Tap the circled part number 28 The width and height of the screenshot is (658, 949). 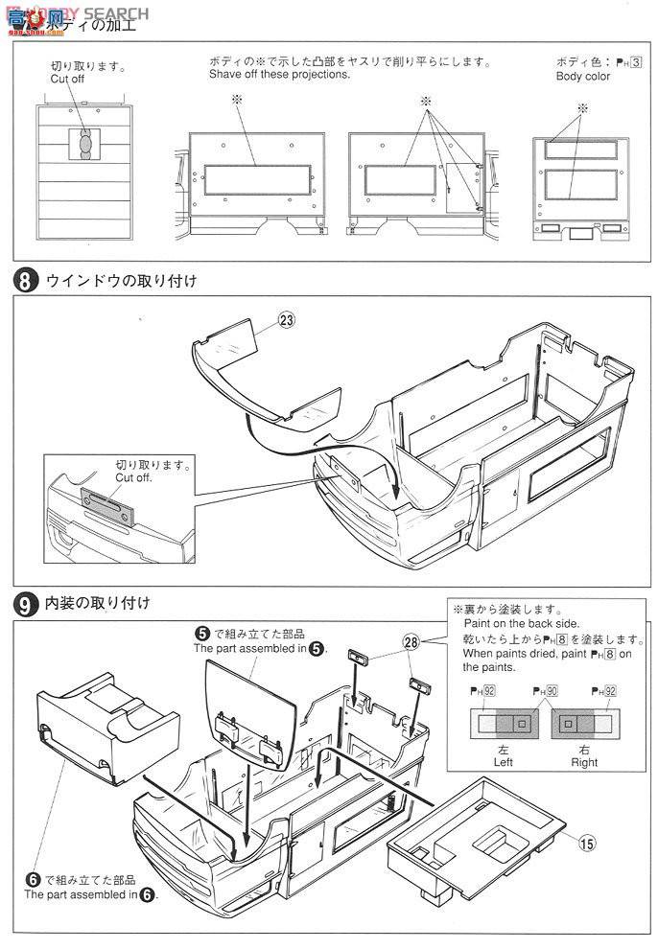[411, 641]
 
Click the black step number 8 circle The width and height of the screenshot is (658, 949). [25, 281]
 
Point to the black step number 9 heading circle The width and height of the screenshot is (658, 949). [25, 603]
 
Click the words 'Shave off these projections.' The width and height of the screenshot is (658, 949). [280, 75]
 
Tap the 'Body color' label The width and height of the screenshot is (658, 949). [583, 76]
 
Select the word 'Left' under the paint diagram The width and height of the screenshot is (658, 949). [502, 762]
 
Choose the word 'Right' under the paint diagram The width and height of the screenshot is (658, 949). [582, 762]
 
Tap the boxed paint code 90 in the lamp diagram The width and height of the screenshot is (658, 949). [540, 688]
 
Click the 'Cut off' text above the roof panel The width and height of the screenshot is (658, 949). [70, 81]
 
